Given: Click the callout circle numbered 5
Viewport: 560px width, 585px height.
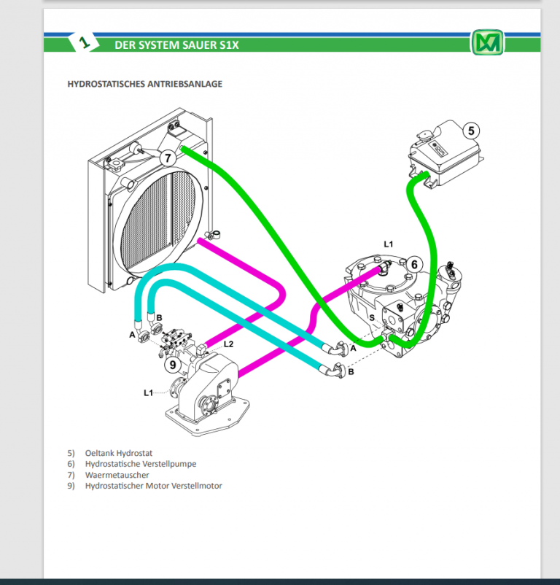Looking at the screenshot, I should (471, 131).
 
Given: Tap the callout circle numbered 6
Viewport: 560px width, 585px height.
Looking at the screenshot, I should (413, 264).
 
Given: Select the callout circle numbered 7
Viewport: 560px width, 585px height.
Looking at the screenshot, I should (166, 157).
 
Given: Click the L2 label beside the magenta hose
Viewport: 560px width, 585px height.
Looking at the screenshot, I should (228, 344).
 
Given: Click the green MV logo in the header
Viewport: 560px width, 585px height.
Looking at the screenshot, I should (486, 43).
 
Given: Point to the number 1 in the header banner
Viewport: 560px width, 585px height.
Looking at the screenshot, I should (85, 44).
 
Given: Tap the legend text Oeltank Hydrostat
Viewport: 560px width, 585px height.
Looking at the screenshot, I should (118, 453).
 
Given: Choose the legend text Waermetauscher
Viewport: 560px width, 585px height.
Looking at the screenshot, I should (117, 475).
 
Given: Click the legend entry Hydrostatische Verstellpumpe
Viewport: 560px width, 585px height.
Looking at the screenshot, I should (140, 464).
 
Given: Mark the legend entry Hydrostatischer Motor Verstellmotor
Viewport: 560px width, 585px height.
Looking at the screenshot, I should (153, 486).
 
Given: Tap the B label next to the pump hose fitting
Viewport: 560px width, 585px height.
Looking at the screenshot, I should (351, 372).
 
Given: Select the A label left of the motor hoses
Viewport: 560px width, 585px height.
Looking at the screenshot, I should (133, 335).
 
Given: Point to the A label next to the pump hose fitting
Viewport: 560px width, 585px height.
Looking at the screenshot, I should (353, 349).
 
